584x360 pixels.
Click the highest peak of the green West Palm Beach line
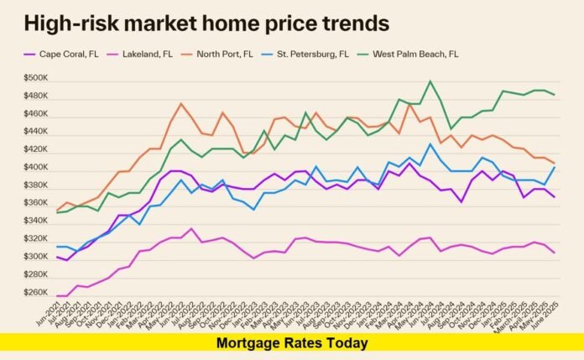click(x=430, y=81)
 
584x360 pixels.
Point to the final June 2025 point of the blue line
click(x=555, y=166)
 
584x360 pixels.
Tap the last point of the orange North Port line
click(x=555, y=163)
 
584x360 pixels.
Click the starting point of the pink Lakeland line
click(x=57, y=295)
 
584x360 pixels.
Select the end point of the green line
click(x=555, y=95)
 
